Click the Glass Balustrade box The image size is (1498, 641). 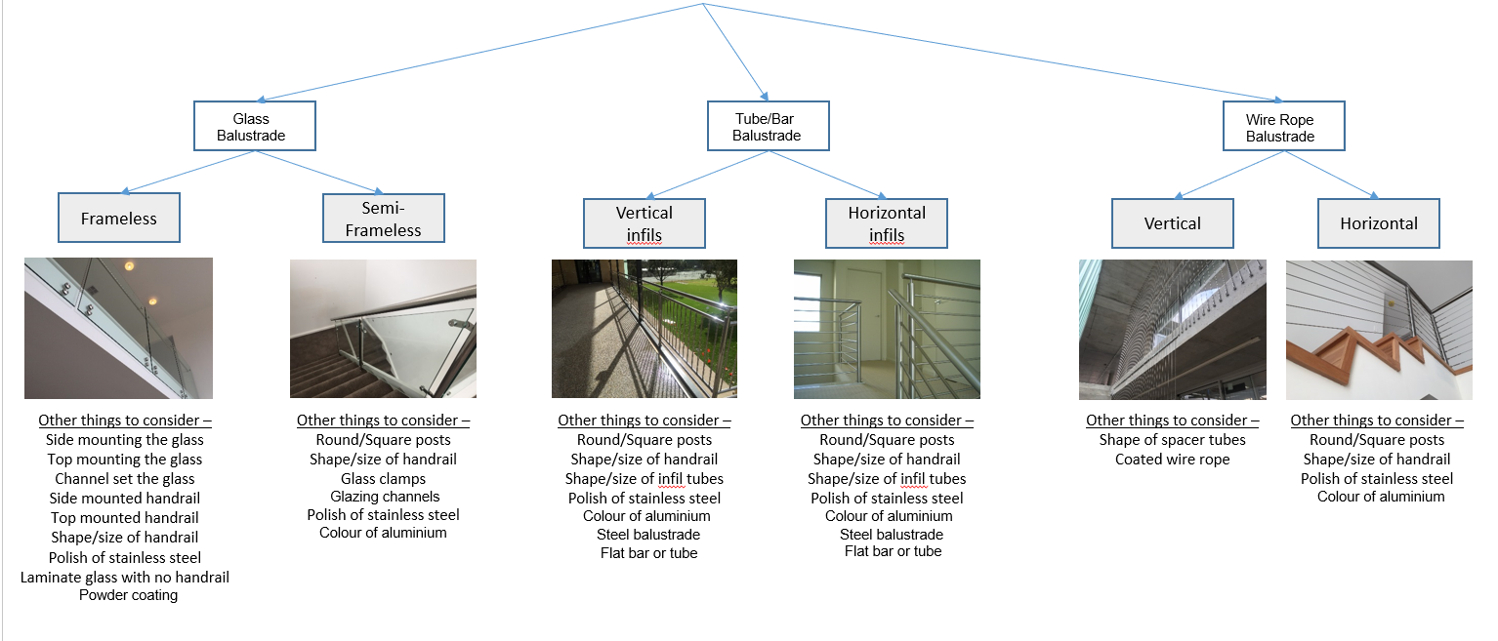[253, 126]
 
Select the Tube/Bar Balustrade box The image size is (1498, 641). [767, 126]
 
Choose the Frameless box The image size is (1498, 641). [119, 218]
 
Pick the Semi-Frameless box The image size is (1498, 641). [383, 219]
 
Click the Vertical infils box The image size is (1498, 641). [644, 223]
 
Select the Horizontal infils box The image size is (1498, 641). [887, 223]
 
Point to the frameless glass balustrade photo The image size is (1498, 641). [118, 328]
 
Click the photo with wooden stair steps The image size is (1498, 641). [1379, 330]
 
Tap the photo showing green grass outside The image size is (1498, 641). [644, 329]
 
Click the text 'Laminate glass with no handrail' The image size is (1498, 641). [125, 577]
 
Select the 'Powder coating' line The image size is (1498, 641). [129, 594]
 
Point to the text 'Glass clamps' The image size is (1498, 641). [383, 478]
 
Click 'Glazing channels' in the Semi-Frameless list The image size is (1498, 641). [383, 497]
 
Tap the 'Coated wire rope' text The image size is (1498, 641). [1172, 459]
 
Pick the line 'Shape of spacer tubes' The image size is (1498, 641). [1172, 440]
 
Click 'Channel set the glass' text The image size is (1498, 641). [125, 479]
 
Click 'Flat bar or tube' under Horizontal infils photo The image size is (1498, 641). [893, 551]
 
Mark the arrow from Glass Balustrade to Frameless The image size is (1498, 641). [186, 171]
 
